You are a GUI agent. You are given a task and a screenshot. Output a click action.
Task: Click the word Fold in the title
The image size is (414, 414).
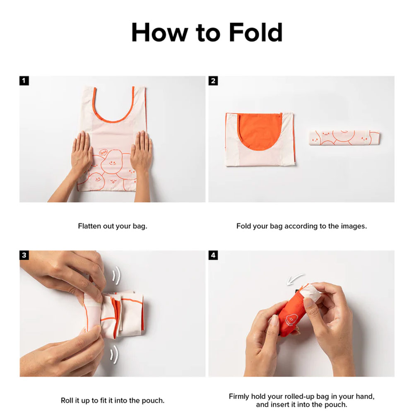tap(256, 32)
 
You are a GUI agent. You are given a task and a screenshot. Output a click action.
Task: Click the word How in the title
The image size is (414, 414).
tap(159, 32)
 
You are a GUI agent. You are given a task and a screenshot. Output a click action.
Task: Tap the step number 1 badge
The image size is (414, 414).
tap(24, 81)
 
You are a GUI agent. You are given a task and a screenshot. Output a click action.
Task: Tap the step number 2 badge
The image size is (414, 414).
tap(213, 81)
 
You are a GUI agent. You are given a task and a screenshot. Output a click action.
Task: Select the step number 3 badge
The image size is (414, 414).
tap(24, 255)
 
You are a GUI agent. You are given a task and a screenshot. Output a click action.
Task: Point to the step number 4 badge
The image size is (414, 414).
tap(213, 255)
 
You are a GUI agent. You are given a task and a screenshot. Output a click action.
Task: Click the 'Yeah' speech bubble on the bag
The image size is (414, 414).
tap(103, 152)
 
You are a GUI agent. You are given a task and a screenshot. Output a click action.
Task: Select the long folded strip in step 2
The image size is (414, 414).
tap(344, 137)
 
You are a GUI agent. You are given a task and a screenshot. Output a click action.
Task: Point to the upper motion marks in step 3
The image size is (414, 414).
tap(116, 275)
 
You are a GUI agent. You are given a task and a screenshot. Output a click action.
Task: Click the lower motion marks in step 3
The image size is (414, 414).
tap(114, 354)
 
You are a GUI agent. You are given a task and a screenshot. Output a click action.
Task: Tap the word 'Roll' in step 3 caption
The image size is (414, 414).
tap(67, 400)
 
